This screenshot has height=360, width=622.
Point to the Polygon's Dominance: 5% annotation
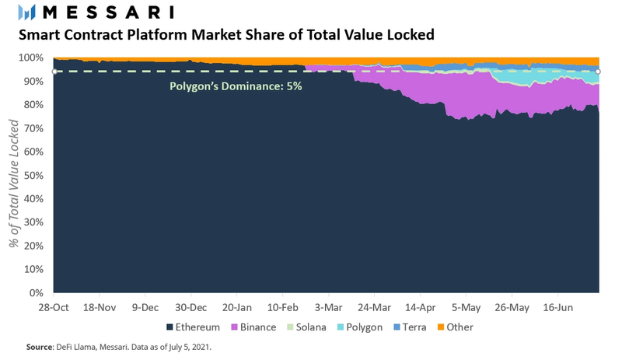pyautogui.click(x=236, y=87)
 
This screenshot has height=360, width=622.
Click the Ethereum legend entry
pyautogui.click(x=193, y=327)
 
